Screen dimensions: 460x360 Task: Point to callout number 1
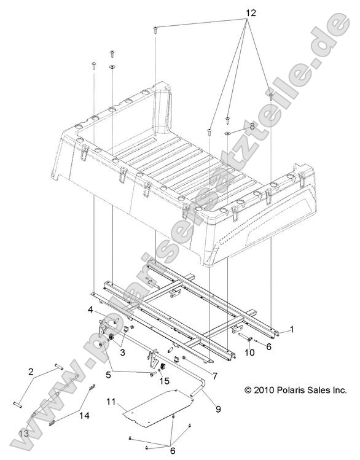coord(291,329)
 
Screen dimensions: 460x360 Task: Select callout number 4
coord(90,309)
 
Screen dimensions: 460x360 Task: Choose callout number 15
coord(164,381)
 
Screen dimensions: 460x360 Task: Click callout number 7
coord(213,375)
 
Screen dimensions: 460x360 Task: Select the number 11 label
coord(111,401)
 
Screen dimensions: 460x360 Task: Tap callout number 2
coord(30,372)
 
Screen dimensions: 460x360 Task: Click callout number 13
coord(23,434)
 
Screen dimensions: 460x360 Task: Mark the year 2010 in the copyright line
coord(260,389)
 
